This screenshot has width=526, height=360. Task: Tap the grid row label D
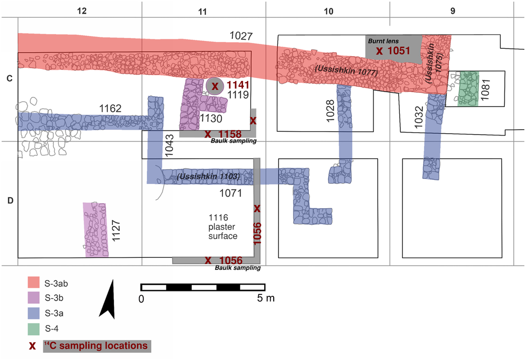pyautogui.click(x=9, y=201)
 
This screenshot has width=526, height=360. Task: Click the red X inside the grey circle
pyautogui.click(x=215, y=86)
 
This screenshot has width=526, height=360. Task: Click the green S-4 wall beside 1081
pyautogui.click(x=468, y=89)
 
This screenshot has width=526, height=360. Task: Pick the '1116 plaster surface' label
pyautogui.click(x=223, y=227)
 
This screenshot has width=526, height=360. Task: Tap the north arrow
pyautogui.click(x=108, y=298)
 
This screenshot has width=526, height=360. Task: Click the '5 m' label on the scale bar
pyautogui.click(x=266, y=298)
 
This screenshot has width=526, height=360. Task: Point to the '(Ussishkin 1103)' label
pyautogui.click(x=209, y=176)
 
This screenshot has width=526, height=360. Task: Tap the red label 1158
pyautogui.click(x=230, y=134)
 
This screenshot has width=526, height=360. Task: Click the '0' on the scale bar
pyautogui.click(x=141, y=298)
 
